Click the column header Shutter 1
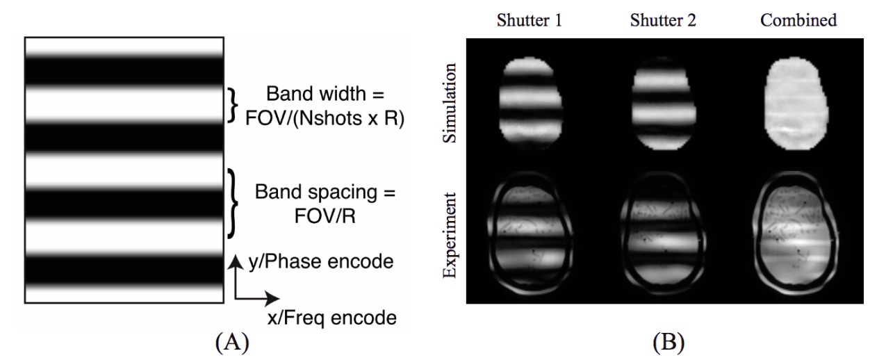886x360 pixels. [x=530, y=20]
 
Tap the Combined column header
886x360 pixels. [x=798, y=20]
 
